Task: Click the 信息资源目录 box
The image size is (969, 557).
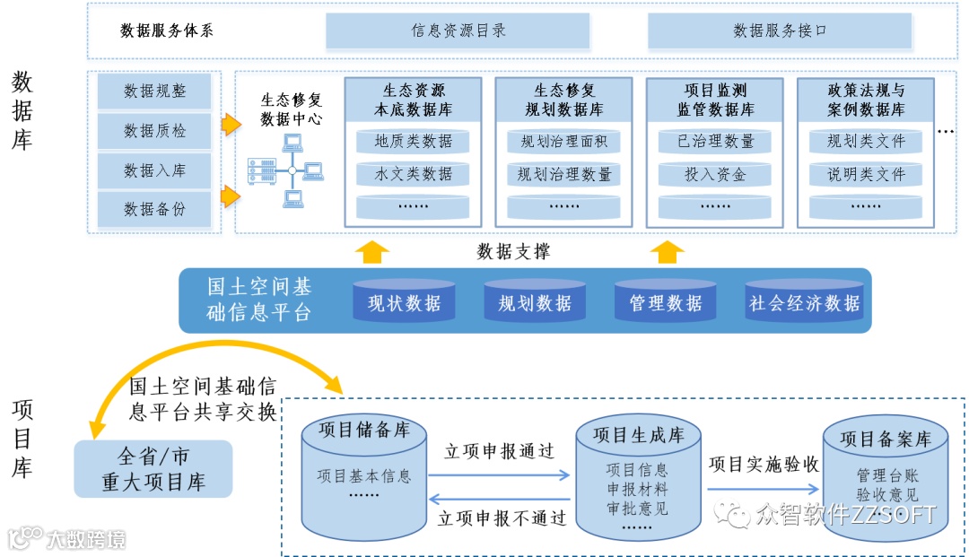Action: tap(458, 30)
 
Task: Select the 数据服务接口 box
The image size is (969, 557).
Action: tap(780, 30)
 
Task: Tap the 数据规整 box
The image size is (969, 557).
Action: tap(154, 91)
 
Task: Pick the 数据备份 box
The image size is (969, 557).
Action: tap(154, 209)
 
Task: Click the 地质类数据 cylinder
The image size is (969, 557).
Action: tap(413, 141)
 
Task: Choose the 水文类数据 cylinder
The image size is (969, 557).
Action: tap(413, 174)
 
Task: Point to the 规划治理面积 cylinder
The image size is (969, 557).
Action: tap(563, 141)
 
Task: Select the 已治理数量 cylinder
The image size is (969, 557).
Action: tap(715, 141)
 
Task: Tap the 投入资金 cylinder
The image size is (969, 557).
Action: tap(715, 174)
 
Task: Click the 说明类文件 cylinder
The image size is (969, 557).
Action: tap(866, 174)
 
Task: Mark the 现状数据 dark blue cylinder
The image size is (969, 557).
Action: tap(404, 302)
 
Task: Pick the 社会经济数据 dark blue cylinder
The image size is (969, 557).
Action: tap(804, 302)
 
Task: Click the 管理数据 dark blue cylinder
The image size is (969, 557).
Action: tap(666, 302)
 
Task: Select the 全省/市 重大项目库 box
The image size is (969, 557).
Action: tap(153, 468)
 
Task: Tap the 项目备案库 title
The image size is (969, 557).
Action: tap(885, 439)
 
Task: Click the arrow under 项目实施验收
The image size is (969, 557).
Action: tap(764, 489)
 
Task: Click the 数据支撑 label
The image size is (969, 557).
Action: tap(514, 252)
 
